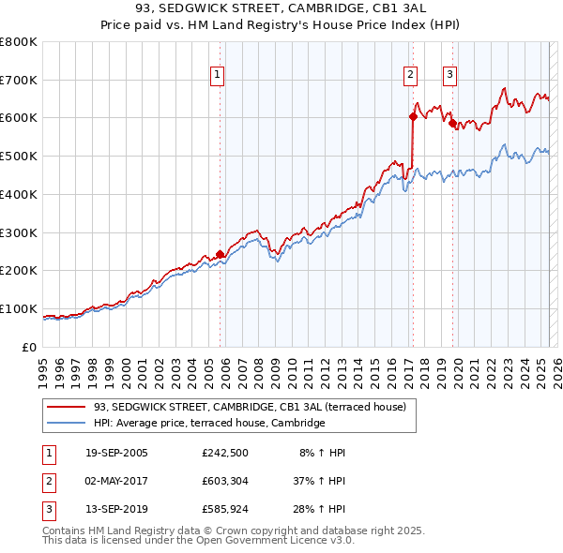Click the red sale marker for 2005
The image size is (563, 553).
click(221, 254)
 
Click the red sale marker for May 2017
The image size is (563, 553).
click(412, 116)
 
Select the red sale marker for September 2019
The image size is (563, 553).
click(451, 123)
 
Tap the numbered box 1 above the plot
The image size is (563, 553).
click(217, 76)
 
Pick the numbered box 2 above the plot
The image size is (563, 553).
click(411, 76)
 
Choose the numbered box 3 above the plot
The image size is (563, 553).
click(450, 76)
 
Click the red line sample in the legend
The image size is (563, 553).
click(67, 408)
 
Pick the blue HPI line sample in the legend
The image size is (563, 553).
click(67, 424)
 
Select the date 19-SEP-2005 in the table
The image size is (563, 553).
click(116, 453)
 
